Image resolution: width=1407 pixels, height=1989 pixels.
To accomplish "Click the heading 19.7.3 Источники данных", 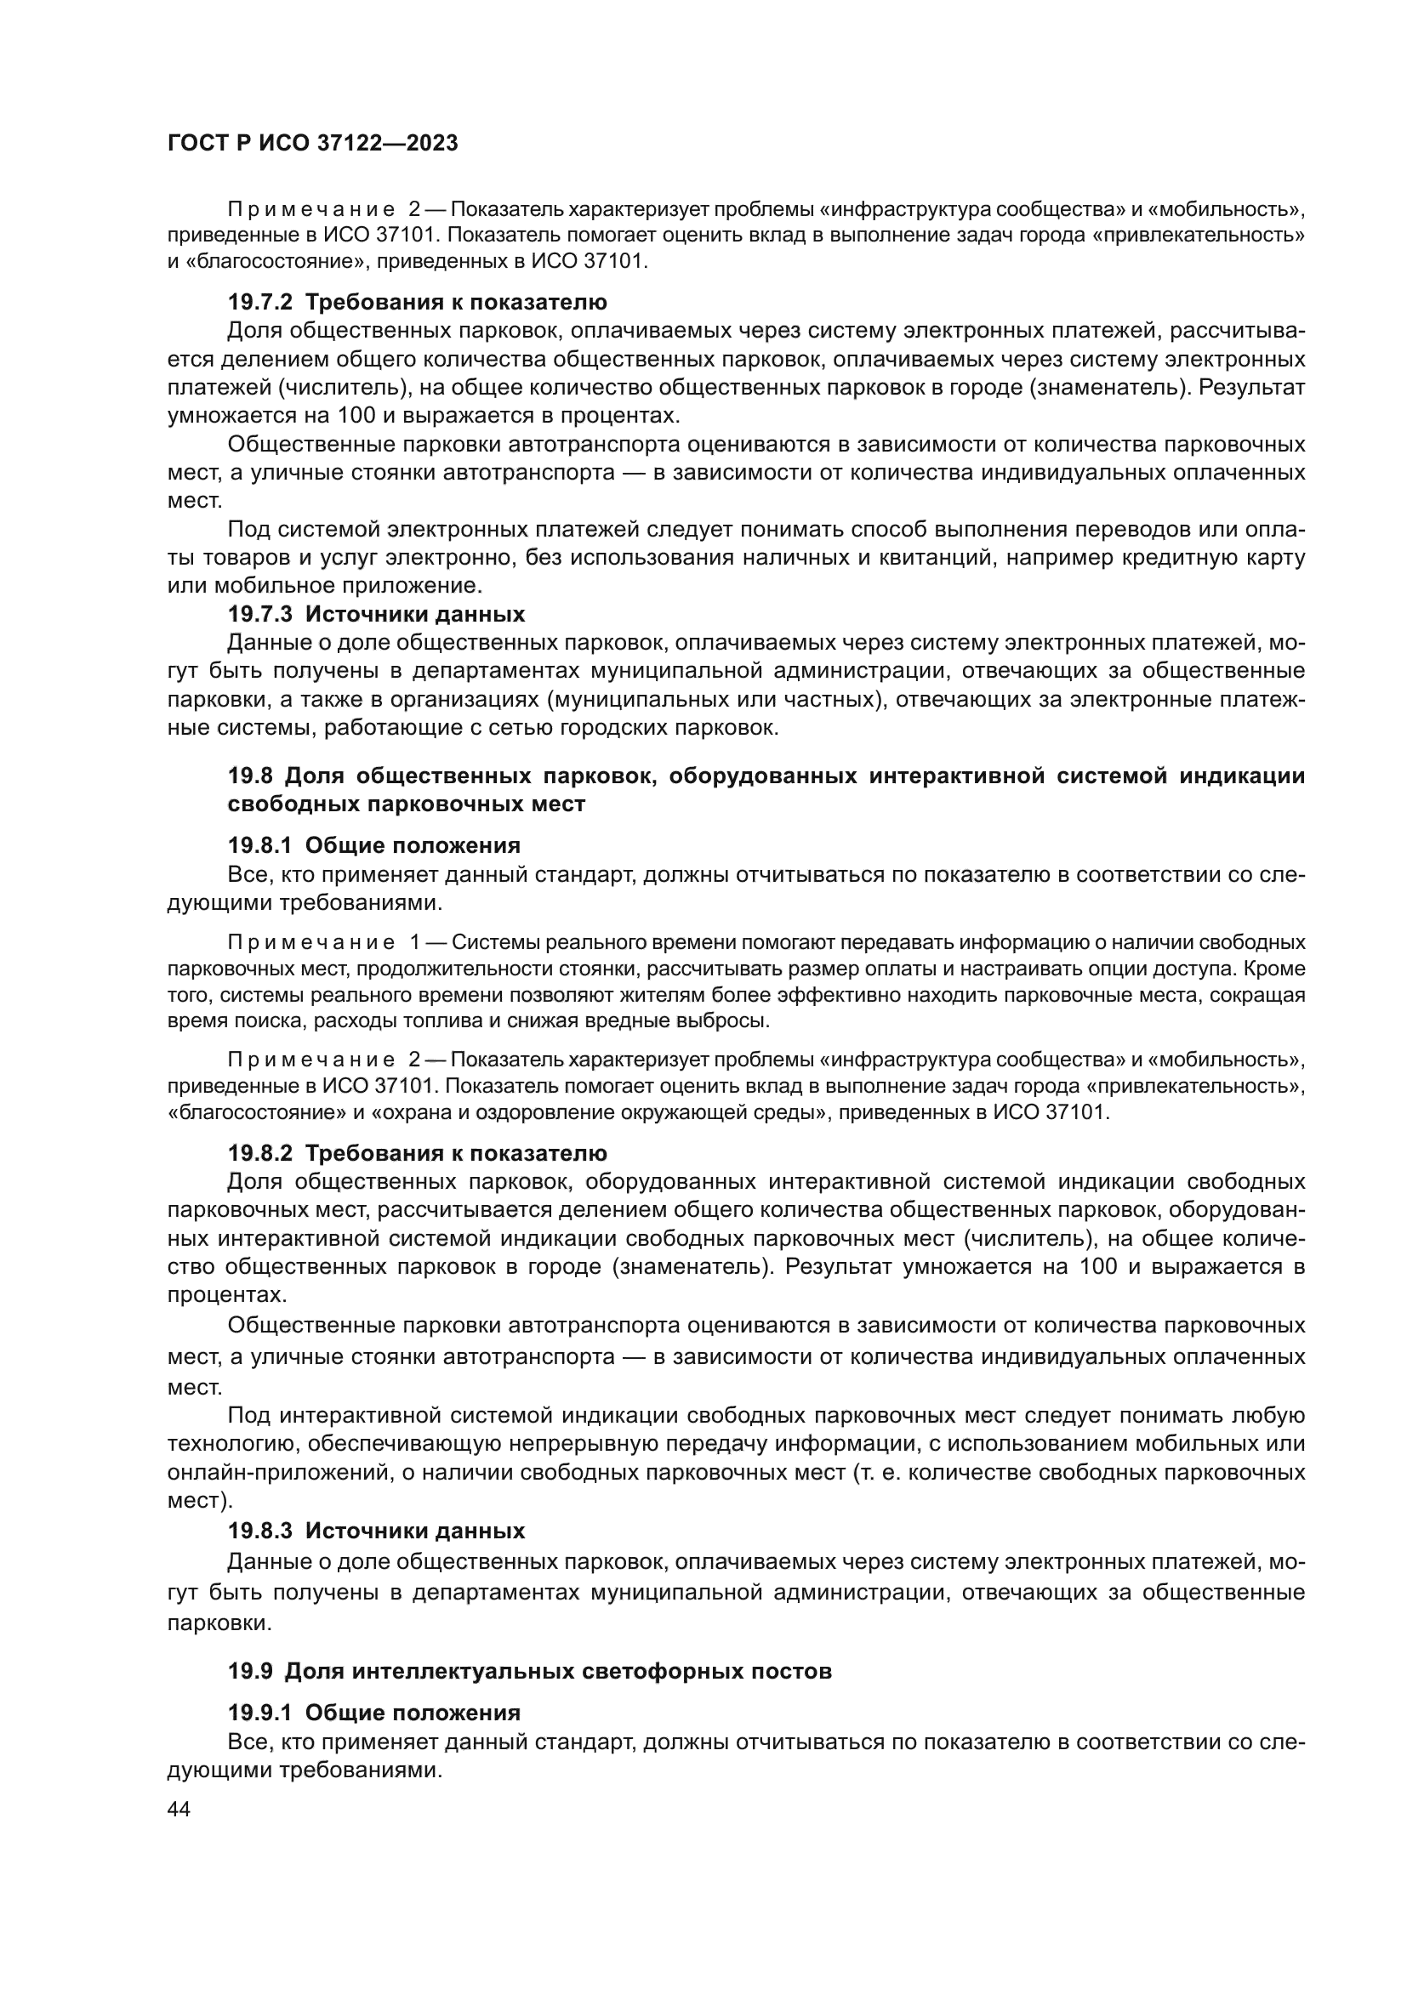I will [x=376, y=614].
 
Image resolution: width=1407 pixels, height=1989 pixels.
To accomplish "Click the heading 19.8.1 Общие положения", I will [x=373, y=844].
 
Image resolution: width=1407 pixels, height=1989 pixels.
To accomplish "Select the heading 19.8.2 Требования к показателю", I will [x=417, y=1153].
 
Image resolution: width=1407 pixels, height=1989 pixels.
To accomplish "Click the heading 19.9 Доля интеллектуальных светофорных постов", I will [x=529, y=1671].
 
